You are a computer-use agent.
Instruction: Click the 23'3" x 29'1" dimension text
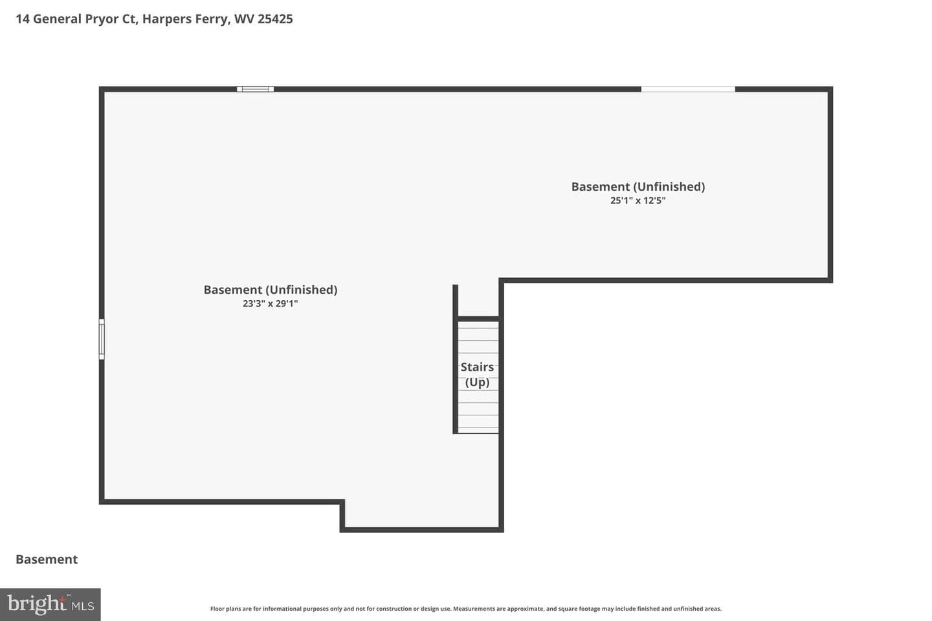coord(271,303)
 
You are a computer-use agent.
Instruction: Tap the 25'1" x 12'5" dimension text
coord(638,201)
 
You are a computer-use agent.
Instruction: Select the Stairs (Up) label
coord(477,375)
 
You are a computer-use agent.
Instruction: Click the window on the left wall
coord(102,339)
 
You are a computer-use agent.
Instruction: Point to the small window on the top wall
coord(255,89)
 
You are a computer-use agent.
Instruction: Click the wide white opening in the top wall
coord(688,89)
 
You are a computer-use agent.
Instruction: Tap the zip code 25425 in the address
coord(275,19)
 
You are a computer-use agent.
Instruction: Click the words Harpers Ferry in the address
coord(185,19)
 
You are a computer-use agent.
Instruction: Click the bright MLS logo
coord(50,604)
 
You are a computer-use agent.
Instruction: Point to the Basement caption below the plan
coord(47,560)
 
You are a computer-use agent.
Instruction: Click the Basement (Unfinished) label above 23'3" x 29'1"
coord(271,290)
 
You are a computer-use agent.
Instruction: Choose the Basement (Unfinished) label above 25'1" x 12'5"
coord(638,187)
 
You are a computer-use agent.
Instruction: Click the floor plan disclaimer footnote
coord(465,609)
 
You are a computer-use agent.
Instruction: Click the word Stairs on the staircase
coord(477,367)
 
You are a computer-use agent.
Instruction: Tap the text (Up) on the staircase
coord(477,382)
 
